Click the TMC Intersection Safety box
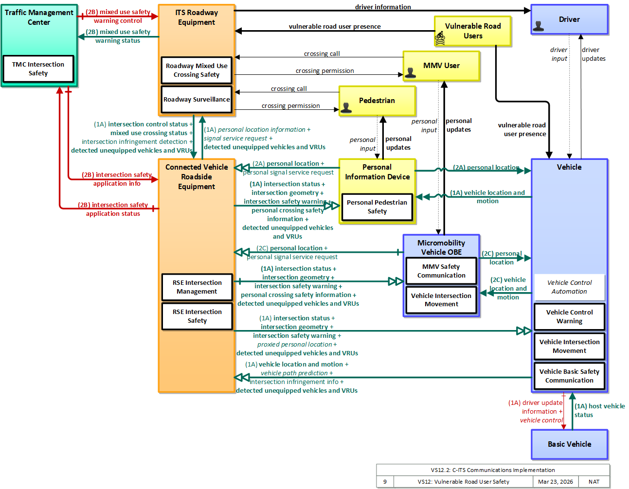click(x=38, y=69)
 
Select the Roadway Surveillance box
click(x=197, y=99)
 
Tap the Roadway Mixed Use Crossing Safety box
click(x=197, y=70)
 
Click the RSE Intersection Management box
click(x=197, y=287)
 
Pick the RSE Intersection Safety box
click(x=197, y=316)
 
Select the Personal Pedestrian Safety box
click(x=377, y=207)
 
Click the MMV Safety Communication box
click(x=441, y=271)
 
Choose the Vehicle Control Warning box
click(x=569, y=316)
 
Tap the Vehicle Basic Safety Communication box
click(x=569, y=376)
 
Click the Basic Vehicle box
click(x=569, y=444)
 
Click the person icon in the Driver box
click(x=538, y=26)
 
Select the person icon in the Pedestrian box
click(x=346, y=108)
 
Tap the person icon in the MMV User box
click(x=410, y=73)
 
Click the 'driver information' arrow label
click(x=383, y=7)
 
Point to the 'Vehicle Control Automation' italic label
click(x=569, y=287)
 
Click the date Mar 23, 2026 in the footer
click(x=555, y=482)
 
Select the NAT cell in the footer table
click(x=593, y=482)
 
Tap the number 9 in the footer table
click(x=385, y=482)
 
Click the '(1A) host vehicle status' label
click(x=599, y=410)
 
